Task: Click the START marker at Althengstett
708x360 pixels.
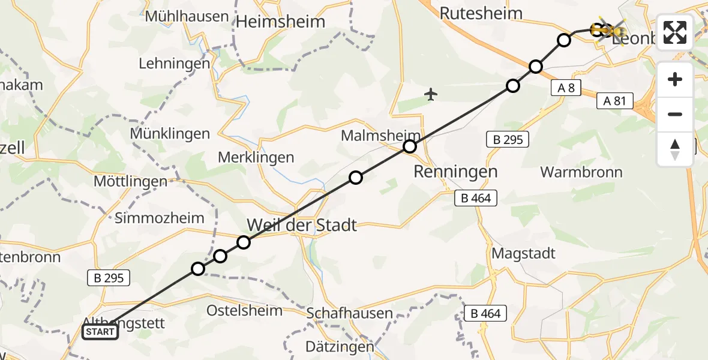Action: (100, 332)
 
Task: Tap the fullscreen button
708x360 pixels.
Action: (675, 32)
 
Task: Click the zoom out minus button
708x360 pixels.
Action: (675, 114)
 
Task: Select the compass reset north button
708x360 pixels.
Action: (675, 149)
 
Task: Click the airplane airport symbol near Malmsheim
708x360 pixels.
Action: (431, 94)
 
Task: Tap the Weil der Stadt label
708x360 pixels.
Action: (302, 226)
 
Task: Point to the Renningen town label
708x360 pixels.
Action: (455, 172)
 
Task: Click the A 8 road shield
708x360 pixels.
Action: (566, 88)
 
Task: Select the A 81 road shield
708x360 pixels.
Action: (615, 101)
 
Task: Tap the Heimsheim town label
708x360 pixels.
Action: (281, 22)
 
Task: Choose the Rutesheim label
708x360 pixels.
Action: (481, 13)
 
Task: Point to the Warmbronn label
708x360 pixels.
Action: (581, 172)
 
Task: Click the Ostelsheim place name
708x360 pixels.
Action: (244, 310)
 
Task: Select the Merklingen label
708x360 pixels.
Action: (257, 158)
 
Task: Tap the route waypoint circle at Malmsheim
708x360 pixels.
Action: (410, 146)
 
